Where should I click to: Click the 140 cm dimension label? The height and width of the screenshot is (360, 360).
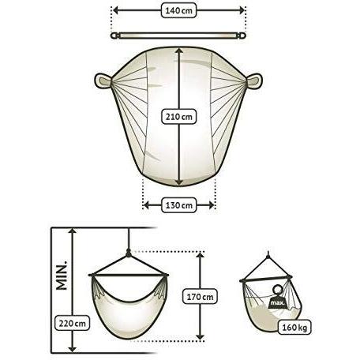(180, 12)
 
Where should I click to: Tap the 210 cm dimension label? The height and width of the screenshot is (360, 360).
(181, 116)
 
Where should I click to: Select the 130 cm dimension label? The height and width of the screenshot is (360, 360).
(179, 205)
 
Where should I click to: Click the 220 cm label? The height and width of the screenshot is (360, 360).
(70, 322)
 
